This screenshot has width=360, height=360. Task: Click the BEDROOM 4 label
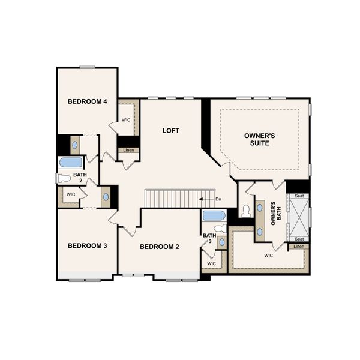pos(87,101)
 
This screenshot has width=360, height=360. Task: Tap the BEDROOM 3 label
pos(87,245)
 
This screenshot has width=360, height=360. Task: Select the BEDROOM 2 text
pos(160,247)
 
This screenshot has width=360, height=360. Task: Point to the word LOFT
pos(171,130)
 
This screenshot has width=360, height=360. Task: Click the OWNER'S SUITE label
pos(260,140)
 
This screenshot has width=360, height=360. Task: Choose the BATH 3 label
pos(208,239)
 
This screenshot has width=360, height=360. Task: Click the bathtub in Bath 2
pos(70,163)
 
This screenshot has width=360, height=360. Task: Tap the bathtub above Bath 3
pos(214,215)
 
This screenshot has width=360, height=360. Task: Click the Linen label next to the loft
pos(128,150)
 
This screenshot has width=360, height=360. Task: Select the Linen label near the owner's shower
pos(299,247)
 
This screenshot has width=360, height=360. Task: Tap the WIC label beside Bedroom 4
pos(127,120)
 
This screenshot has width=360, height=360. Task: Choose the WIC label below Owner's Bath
pos(268,255)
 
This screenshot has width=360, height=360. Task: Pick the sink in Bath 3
pos(221,242)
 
